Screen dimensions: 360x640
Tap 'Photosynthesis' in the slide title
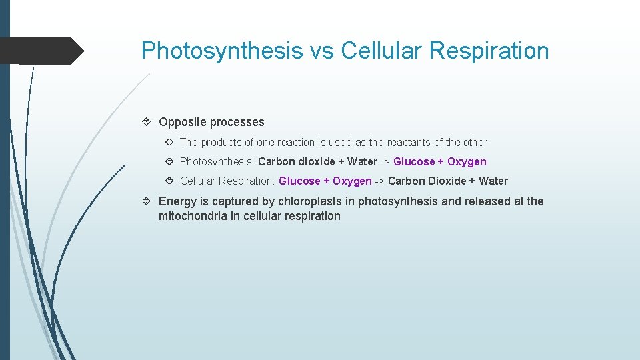221,51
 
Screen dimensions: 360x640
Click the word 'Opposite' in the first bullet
182,122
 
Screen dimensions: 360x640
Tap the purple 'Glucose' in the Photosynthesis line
414,161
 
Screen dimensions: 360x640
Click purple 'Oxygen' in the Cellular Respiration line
352,181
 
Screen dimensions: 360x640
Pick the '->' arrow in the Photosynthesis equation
385,161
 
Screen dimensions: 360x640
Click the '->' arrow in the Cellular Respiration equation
379,181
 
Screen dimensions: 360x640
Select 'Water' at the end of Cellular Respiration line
493,181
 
